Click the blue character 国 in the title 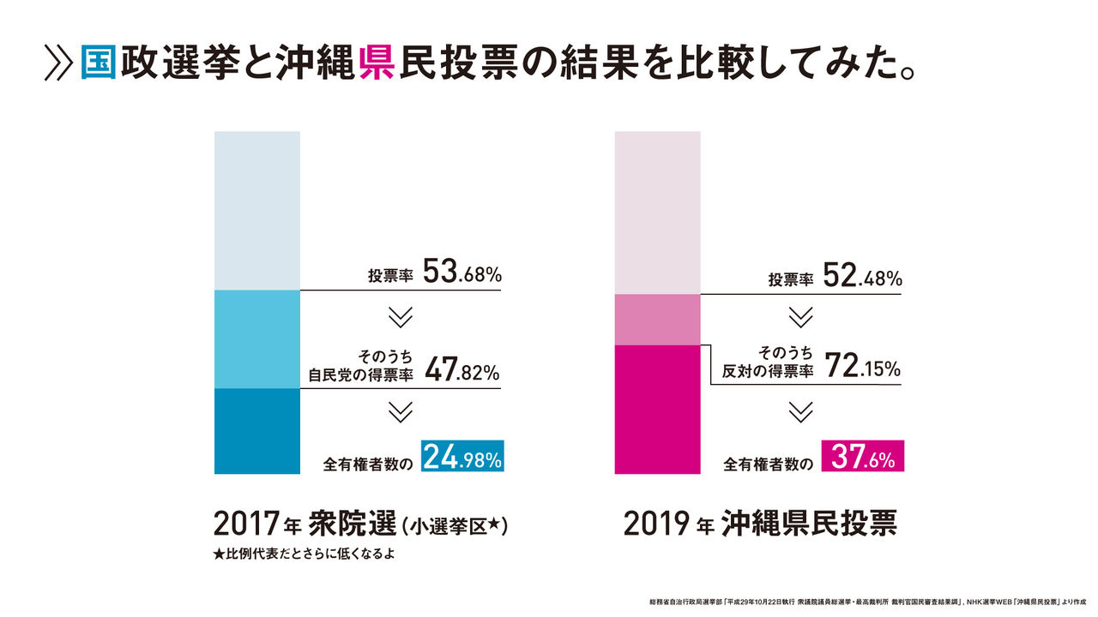[99, 63]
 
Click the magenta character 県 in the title [376, 63]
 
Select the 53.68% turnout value [462, 274]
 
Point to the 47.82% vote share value [462, 372]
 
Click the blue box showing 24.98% [462, 457]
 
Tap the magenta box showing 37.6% [862, 457]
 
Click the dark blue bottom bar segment [256, 431]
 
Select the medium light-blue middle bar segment [256, 339]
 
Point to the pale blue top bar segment [256, 210]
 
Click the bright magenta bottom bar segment [658, 409]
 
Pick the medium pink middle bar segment [658, 320]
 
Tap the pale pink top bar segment [658, 213]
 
